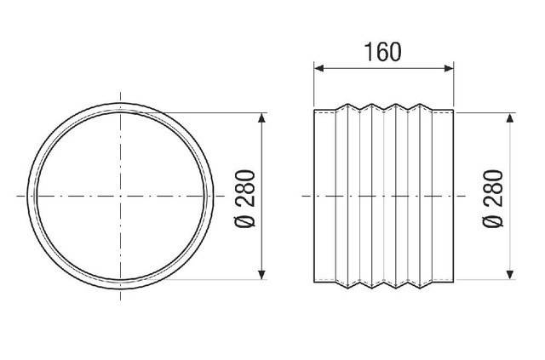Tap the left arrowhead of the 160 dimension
(x=319, y=68)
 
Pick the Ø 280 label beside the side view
(x=493, y=197)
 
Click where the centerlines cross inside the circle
(x=122, y=196)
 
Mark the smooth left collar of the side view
(x=324, y=196)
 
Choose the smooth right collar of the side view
(x=444, y=196)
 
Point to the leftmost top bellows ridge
(x=344, y=105)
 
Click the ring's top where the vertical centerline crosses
(x=122, y=105)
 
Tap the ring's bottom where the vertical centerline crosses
(x=122, y=287)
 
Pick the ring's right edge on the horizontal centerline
(x=213, y=196)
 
